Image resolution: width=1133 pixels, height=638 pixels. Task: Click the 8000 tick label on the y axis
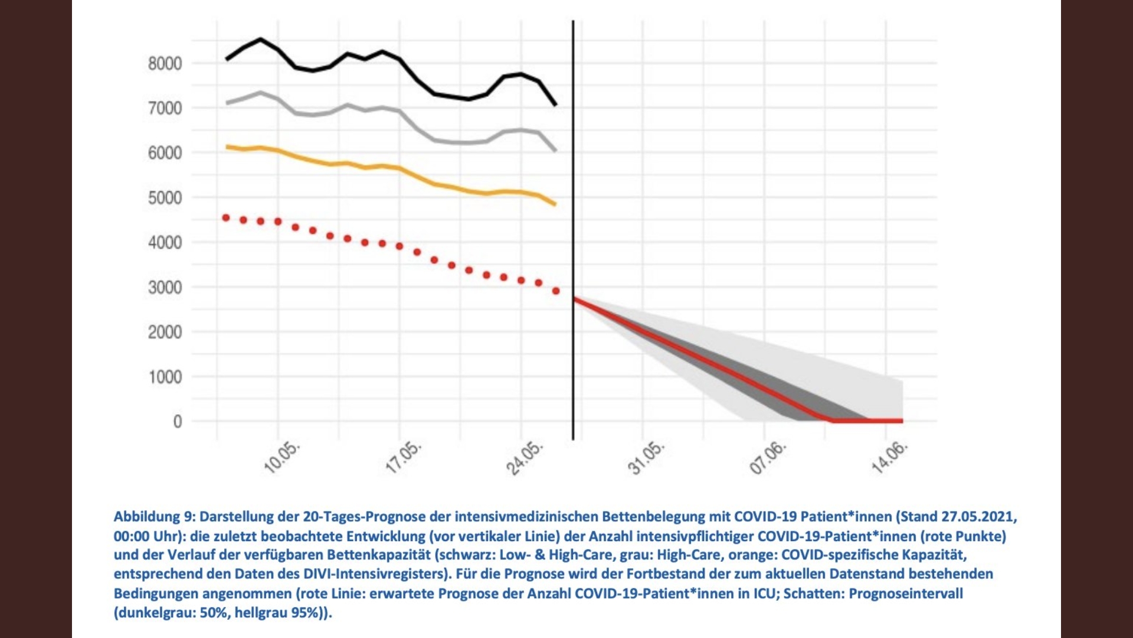click(165, 63)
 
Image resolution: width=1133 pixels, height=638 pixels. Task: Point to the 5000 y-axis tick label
click(165, 197)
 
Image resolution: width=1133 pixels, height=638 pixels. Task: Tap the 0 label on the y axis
click(177, 421)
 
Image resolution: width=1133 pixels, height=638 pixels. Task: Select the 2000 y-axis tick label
click(165, 332)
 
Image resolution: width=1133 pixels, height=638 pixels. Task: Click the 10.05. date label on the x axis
click(281, 457)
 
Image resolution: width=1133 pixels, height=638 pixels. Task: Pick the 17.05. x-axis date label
click(404, 457)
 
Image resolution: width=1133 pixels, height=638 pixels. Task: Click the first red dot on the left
click(225, 218)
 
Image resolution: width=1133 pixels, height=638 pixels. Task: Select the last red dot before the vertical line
click(556, 291)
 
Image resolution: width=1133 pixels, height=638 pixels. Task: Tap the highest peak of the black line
click(261, 39)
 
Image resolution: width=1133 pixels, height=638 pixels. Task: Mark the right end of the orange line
click(555, 204)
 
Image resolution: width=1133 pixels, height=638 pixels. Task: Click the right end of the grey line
click(555, 151)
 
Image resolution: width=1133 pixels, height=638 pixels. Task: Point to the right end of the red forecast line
click(902, 421)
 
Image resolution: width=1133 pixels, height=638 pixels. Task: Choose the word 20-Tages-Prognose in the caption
click(364, 517)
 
